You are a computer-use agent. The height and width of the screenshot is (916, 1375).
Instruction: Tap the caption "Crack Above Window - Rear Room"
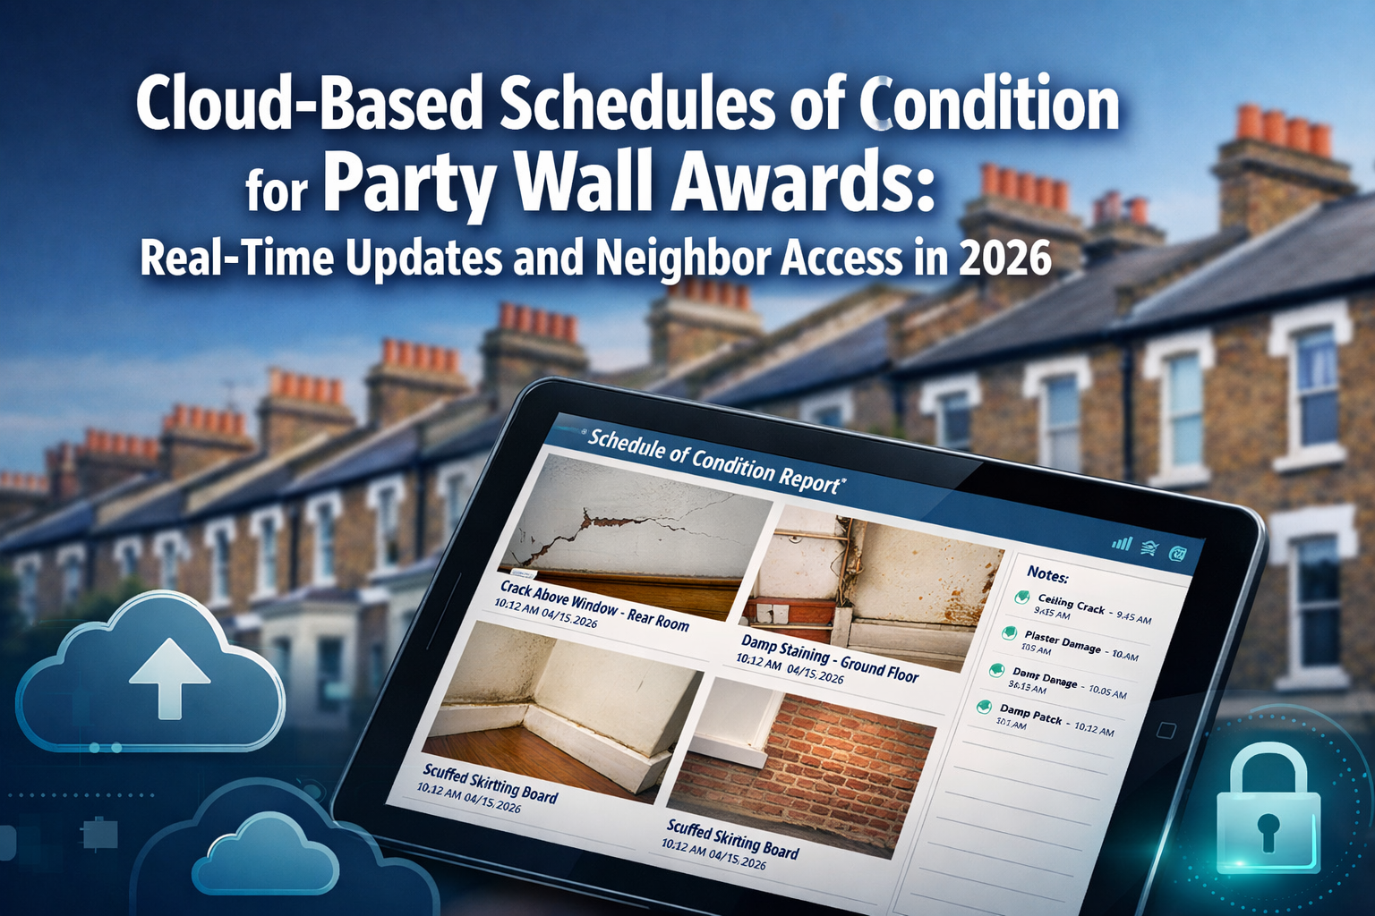[x=594, y=605]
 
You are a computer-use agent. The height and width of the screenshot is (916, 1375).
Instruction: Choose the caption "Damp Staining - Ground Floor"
[x=829, y=657]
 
